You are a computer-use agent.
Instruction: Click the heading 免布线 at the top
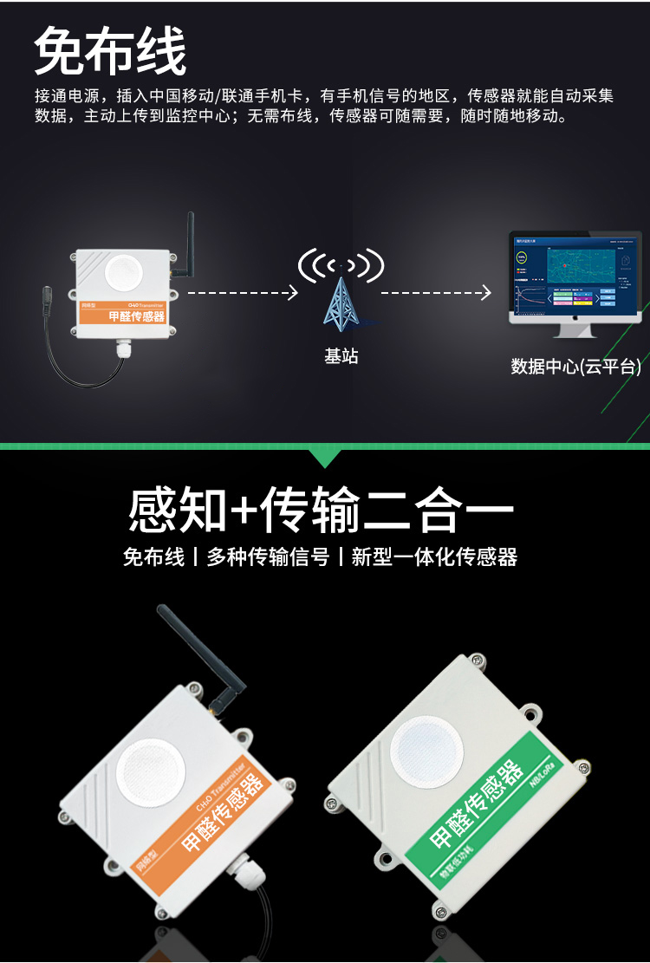coord(110,52)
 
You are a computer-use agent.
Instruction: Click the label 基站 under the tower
coord(341,356)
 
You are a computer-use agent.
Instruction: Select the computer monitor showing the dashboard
coord(574,283)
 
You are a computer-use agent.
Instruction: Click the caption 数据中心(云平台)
coord(575,367)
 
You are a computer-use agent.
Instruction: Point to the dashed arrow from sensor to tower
coord(243,293)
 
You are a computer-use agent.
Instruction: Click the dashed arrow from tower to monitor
coord(436,293)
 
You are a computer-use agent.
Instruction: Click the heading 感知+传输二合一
coord(321,510)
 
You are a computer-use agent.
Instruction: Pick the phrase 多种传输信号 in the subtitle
coord(268,556)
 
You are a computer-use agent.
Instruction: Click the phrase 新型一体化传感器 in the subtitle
coord(434,556)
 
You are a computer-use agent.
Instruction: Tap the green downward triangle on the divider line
coord(325,457)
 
